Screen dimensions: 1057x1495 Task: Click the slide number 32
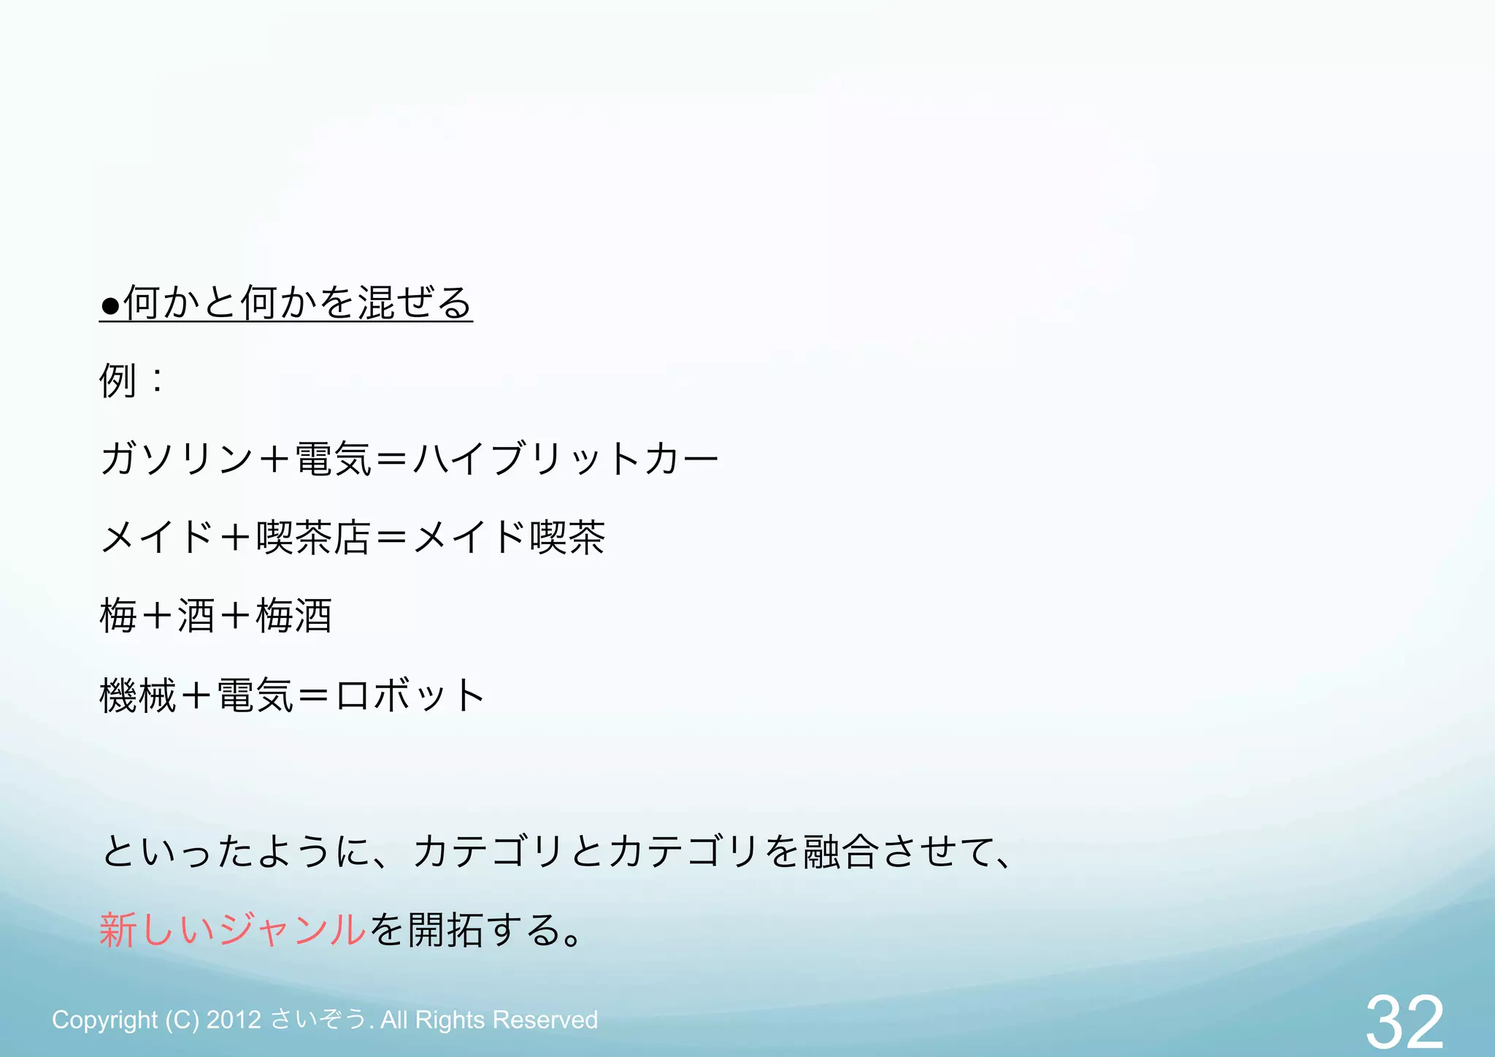(x=1404, y=1021)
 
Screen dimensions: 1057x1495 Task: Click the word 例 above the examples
(x=118, y=381)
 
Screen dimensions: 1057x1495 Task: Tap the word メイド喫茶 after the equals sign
(x=509, y=538)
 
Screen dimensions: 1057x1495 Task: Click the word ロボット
(x=410, y=695)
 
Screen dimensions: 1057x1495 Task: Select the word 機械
(x=137, y=695)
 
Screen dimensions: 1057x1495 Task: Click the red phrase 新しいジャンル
(x=232, y=930)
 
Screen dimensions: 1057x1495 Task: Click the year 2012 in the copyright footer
(x=234, y=1020)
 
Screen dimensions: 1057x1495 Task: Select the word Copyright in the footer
(x=104, y=1020)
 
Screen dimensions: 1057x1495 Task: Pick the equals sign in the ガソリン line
(x=392, y=459)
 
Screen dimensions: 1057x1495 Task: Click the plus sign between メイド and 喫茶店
(x=235, y=538)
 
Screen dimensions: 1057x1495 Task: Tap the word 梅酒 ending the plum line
(x=294, y=616)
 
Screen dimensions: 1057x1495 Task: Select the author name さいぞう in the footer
(x=318, y=1020)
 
